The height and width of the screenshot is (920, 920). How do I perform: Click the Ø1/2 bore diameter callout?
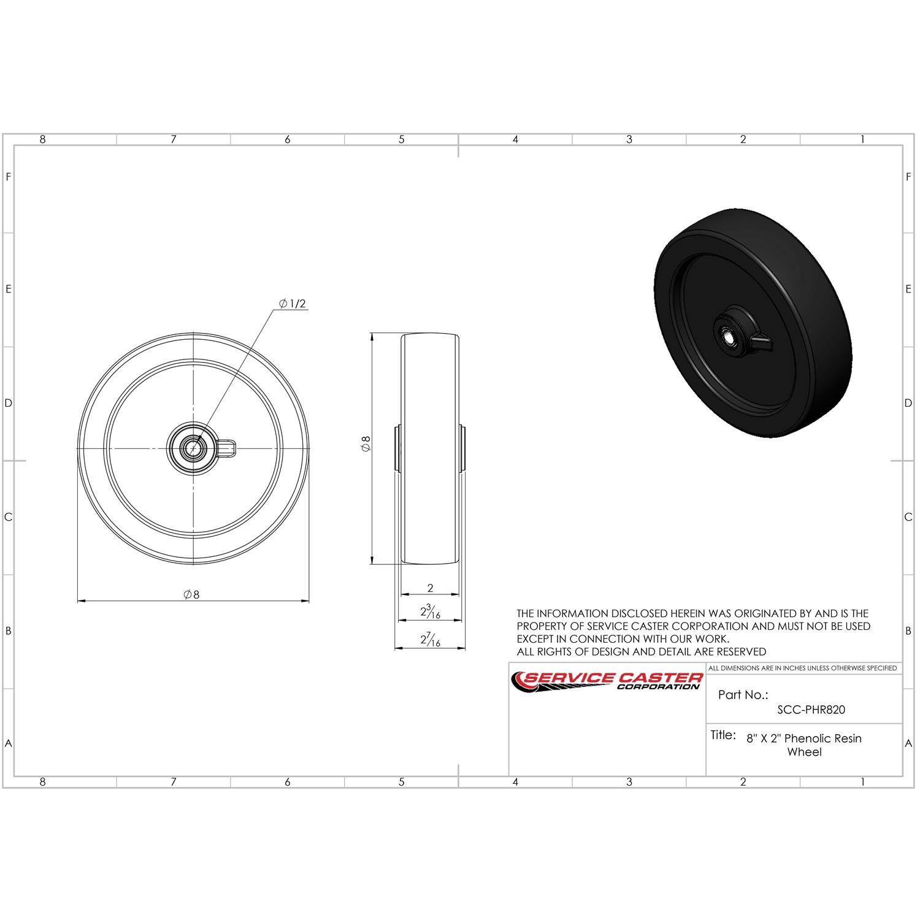click(x=293, y=304)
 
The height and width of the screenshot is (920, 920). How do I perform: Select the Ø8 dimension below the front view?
click(x=192, y=594)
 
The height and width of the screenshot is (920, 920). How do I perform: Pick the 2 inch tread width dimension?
click(x=430, y=588)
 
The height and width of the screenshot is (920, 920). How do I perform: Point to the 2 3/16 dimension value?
click(x=430, y=611)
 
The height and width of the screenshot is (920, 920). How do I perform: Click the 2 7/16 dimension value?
click(x=430, y=640)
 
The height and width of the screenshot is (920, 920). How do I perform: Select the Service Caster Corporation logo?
click(x=607, y=681)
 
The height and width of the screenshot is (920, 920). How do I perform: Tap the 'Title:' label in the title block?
click(x=723, y=735)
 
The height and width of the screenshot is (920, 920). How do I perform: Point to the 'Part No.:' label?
click(x=743, y=695)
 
